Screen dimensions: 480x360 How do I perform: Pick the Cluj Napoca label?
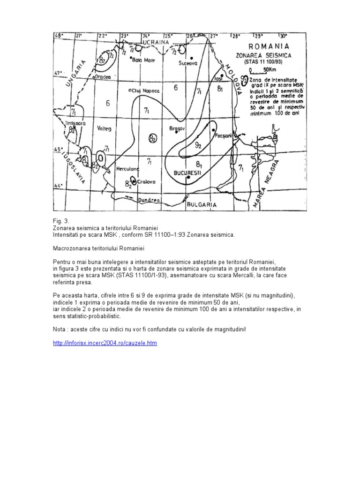(x=146, y=90)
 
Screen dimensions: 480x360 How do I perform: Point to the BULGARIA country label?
(x=201, y=205)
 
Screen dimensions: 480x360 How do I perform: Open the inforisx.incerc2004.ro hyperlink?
(x=105, y=343)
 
